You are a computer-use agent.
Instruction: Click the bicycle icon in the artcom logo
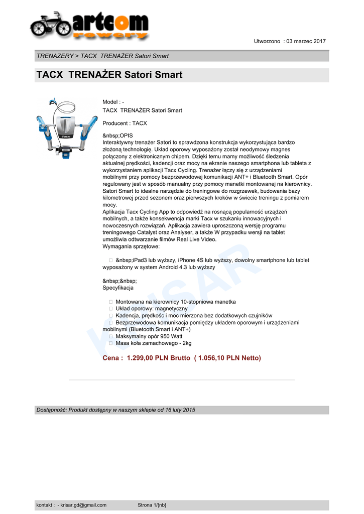[x=50, y=25]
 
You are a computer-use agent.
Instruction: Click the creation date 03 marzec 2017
[x=306, y=41]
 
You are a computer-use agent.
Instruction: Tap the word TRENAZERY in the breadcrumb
[x=54, y=56]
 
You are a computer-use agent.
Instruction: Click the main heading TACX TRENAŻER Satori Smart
[x=109, y=75]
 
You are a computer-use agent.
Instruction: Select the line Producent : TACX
[x=125, y=123]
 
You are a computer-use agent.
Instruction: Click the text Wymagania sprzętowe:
[x=131, y=246]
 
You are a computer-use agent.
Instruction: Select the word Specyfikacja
[x=118, y=288]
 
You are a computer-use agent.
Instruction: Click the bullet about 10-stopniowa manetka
[x=175, y=302]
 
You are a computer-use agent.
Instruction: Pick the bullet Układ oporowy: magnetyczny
[x=151, y=309]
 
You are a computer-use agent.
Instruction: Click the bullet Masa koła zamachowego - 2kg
[x=153, y=343]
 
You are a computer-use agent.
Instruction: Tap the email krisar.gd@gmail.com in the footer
[x=83, y=505]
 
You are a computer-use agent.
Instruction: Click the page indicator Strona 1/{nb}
[x=152, y=505]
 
